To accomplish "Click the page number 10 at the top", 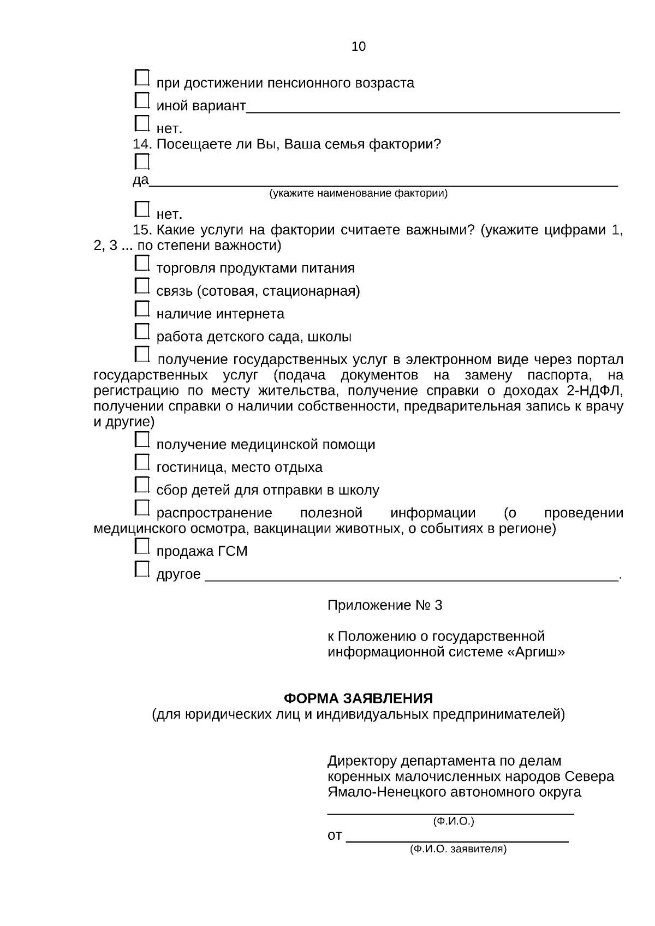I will [359, 46].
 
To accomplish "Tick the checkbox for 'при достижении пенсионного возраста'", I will [142, 77].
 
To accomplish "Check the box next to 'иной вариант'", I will [142, 100].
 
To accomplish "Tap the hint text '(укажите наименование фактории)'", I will [358, 194].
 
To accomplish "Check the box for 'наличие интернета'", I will [142, 309].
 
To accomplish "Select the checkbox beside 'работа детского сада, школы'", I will [142, 331].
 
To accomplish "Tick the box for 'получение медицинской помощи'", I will [142, 439].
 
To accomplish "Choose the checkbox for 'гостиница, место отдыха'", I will [142, 462].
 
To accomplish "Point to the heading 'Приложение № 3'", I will [385, 605].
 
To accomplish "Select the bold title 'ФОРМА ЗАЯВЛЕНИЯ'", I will [359, 698].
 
